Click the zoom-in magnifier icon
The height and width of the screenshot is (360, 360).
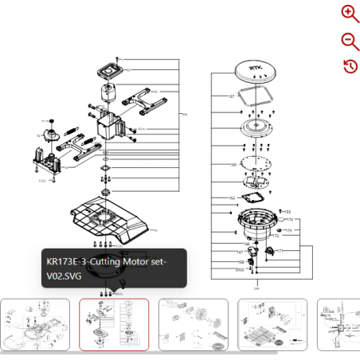pyautogui.click(x=350, y=14)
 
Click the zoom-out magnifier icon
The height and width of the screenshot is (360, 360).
pyautogui.click(x=350, y=41)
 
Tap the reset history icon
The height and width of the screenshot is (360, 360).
pyautogui.click(x=350, y=66)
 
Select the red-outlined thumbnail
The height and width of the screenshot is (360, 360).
pyautogui.click(x=114, y=324)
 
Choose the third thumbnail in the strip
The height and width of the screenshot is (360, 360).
pyautogui.click(x=194, y=324)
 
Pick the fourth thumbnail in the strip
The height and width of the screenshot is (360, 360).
pyautogui.click(x=272, y=324)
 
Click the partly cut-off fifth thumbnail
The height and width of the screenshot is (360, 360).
pyautogui.click(x=339, y=324)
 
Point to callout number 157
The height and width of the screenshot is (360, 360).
pyautogui.click(x=231, y=96)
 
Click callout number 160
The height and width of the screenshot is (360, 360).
pyautogui.click(x=233, y=165)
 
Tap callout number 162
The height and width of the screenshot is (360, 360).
pyautogui.click(x=232, y=198)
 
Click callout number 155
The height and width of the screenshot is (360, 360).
pyautogui.click(x=288, y=212)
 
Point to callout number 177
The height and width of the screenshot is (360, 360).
pyautogui.click(x=280, y=251)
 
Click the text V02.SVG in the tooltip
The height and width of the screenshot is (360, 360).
pyautogui.click(x=64, y=276)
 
